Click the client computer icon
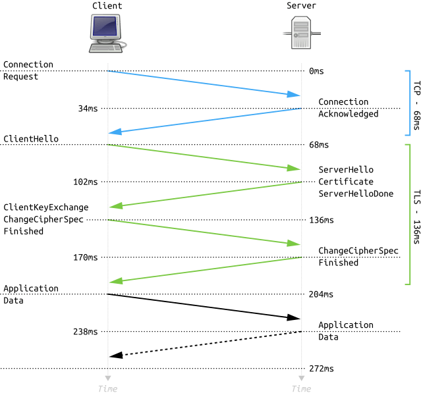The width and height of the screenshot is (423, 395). pyautogui.click(x=107, y=34)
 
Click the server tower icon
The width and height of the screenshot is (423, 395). pyautogui.click(x=301, y=33)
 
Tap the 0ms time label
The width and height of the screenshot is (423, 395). pyautogui.click(x=316, y=71)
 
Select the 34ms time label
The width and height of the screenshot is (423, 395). pyautogui.click(x=88, y=109)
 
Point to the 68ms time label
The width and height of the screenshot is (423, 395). pyautogui.click(x=319, y=145)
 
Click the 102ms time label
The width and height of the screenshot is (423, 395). pyautogui.click(x=86, y=182)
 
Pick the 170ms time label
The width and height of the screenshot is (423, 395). pyautogui.click(x=86, y=257)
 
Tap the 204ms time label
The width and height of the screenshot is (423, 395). pyautogui.click(x=321, y=294)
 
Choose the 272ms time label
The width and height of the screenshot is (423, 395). pyautogui.click(x=322, y=369)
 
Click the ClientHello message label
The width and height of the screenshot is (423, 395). pyautogui.click(x=31, y=139)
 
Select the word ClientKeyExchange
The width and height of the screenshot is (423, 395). pyautogui.click(x=46, y=207)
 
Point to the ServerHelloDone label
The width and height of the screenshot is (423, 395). pyautogui.click(x=356, y=194)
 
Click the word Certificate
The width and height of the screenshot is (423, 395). pyautogui.click(x=346, y=182)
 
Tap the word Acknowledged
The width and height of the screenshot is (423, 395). pyautogui.click(x=349, y=114)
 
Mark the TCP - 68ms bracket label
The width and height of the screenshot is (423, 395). pyautogui.click(x=417, y=105)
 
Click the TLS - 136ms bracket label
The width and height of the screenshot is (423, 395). pyautogui.click(x=417, y=217)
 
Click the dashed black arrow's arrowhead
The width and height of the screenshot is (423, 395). pyautogui.click(x=116, y=355)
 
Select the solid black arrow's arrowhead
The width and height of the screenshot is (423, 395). pyautogui.click(x=293, y=317)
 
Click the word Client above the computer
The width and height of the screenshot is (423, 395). pyautogui.click(x=107, y=6)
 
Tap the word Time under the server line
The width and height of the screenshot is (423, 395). pyautogui.click(x=301, y=389)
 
